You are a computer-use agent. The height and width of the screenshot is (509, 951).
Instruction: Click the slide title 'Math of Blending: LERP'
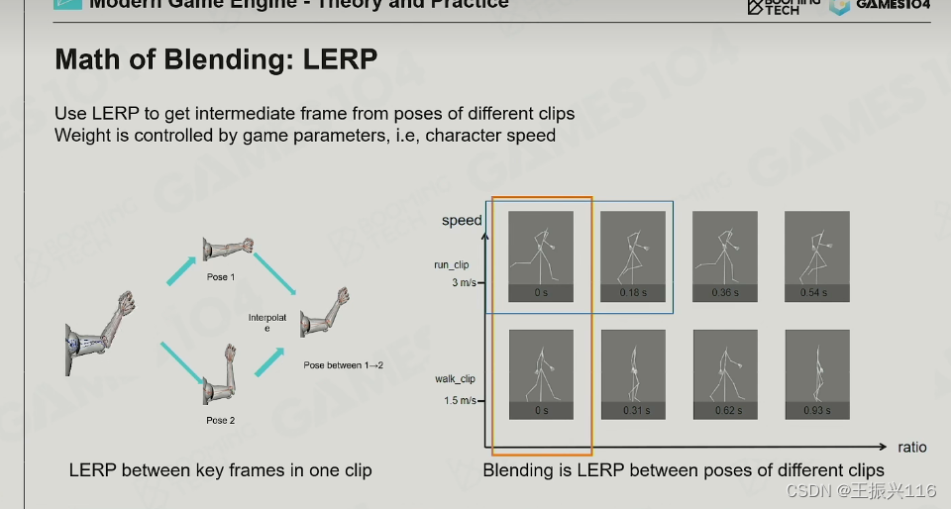216,59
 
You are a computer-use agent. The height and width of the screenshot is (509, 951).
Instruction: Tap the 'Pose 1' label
220,277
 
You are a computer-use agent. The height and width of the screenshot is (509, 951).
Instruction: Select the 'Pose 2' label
220,421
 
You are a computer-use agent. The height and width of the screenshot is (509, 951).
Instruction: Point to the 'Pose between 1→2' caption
343,365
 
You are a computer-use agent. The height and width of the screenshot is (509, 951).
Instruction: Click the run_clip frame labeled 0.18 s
632,255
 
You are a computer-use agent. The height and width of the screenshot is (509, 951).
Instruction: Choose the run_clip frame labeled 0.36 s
725,255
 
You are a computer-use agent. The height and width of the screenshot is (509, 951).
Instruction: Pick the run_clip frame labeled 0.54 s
816,255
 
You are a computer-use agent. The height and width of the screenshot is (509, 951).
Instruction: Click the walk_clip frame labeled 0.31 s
633,373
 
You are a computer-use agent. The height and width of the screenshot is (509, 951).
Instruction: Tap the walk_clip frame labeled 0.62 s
725,373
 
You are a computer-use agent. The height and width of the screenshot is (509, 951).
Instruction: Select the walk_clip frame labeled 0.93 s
817,373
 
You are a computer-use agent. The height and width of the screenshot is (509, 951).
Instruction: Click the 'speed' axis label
462,220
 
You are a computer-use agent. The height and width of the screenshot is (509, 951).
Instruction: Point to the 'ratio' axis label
912,447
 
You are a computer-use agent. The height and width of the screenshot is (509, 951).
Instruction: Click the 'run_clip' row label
452,265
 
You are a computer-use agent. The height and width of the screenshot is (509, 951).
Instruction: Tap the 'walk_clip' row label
455,379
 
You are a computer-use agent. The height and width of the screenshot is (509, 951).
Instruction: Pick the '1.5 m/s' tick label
460,400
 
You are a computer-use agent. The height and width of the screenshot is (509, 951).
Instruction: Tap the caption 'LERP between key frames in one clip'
220,470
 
